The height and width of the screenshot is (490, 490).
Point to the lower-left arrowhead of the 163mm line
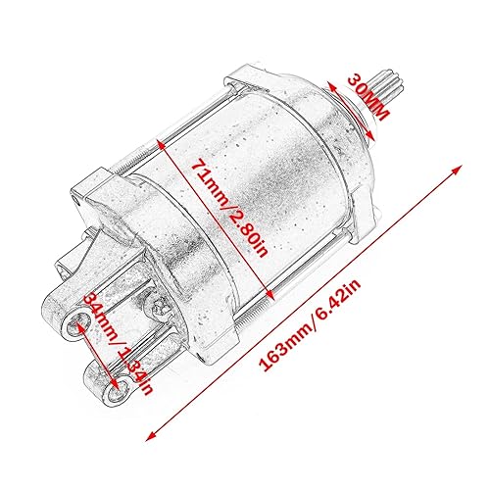[x=151, y=438]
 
